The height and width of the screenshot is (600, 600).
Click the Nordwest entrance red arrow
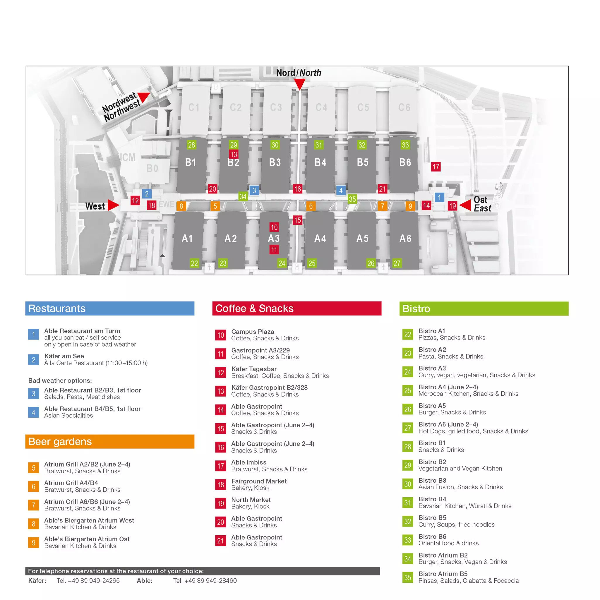pyautogui.click(x=143, y=97)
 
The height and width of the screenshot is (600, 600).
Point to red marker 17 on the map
pyautogui.click(x=436, y=167)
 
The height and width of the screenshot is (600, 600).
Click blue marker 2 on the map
pyautogui.click(x=147, y=194)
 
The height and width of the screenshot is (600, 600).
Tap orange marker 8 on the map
pyautogui.click(x=181, y=206)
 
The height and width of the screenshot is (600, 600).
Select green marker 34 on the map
pyautogui.click(x=243, y=196)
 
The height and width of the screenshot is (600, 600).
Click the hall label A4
pyautogui.click(x=320, y=239)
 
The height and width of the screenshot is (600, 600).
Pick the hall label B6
pyautogui.click(x=405, y=162)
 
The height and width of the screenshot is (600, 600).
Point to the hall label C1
pyautogui.click(x=194, y=107)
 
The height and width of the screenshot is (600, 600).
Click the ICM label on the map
pyautogui.click(x=128, y=157)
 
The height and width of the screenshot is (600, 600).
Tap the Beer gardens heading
pyautogui.click(x=60, y=441)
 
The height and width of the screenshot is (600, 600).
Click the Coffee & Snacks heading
pyautogui.click(x=254, y=308)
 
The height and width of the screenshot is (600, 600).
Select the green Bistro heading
pyautogui.click(x=416, y=308)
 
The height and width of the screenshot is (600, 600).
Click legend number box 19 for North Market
pyautogui.click(x=220, y=503)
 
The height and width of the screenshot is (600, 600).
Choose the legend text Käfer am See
pyautogui.click(x=64, y=356)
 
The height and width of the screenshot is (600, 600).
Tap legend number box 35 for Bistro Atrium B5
pyautogui.click(x=408, y=577)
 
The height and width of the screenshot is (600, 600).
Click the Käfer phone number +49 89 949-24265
pyautogui.click(x=88, y=580)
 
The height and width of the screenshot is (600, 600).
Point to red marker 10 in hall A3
pyautogui.click(x=274, y=227)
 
